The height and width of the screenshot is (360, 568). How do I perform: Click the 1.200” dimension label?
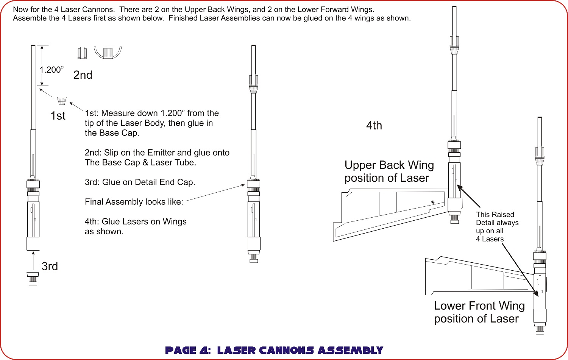coord(51,70)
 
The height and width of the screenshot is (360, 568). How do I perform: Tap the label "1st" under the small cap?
coord(58,116)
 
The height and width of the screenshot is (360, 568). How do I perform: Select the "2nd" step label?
coord(83,75)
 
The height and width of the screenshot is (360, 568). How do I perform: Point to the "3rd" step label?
coord(50,266)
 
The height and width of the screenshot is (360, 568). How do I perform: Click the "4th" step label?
coord(374,126)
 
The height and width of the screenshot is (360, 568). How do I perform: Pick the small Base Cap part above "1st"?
coord(62,101)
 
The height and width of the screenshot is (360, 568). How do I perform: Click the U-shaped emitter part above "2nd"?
coord(108,52)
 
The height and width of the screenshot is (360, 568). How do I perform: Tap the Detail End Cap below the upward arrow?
coord(33,278)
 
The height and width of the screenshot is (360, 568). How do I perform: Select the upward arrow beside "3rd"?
coord(33,260)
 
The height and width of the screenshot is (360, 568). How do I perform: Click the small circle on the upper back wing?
coord(433,203)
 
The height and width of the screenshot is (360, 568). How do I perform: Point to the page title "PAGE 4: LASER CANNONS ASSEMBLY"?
coord(274,351)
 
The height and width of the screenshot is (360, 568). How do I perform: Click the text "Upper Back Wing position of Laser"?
coord(389,171)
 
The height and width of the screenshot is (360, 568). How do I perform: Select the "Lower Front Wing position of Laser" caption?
coord(479,312)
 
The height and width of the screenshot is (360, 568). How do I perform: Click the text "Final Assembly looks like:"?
coord(134,202)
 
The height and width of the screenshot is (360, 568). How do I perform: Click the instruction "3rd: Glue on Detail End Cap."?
coord(140,182)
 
